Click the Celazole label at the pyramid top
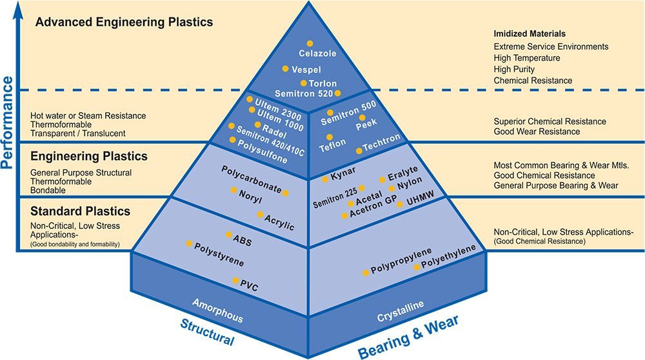pyautogui.click(x=317, y=54)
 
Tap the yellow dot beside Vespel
pyautogui.click(x=286, y=68)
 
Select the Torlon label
pyautogui.click(x=323, y=83)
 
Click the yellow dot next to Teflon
pyautogui.click(x=330, y=137)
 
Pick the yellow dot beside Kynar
pyautogui.click(x=325, y=179)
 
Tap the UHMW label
pyautogui.click(x=420, y=201)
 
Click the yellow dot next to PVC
pyautogui.click(x=235, y=281)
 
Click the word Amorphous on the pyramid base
pyautogui.click(x=217, y=310)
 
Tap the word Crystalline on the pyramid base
pyautogui.click(x=401, y=312)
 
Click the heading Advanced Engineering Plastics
pyautogui.click(x=124, y=22)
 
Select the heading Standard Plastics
pyautogui.click(x=80, y=212)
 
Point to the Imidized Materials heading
pyautogui.click(x=530, y=34)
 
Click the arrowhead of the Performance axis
pyautogui.click(x=17, y=9)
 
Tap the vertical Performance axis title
pyautogui.click(x=7, y=123)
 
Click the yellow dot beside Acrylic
pyautogui.click(x=261, y=214)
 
